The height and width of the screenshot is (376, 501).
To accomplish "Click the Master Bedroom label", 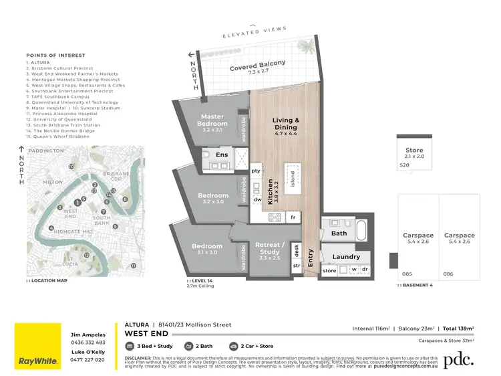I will coord(213,120).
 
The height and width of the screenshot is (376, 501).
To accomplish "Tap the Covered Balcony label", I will coord(258,65).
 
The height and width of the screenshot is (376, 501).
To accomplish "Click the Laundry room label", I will coord(346,256).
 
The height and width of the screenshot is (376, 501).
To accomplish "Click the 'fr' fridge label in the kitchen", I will coord(292,217).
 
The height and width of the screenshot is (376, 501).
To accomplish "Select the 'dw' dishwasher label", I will coord(257,199).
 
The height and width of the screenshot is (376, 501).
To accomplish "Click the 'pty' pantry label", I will coord(256,171).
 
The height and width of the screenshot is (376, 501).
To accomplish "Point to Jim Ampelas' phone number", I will coord(87,343).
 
